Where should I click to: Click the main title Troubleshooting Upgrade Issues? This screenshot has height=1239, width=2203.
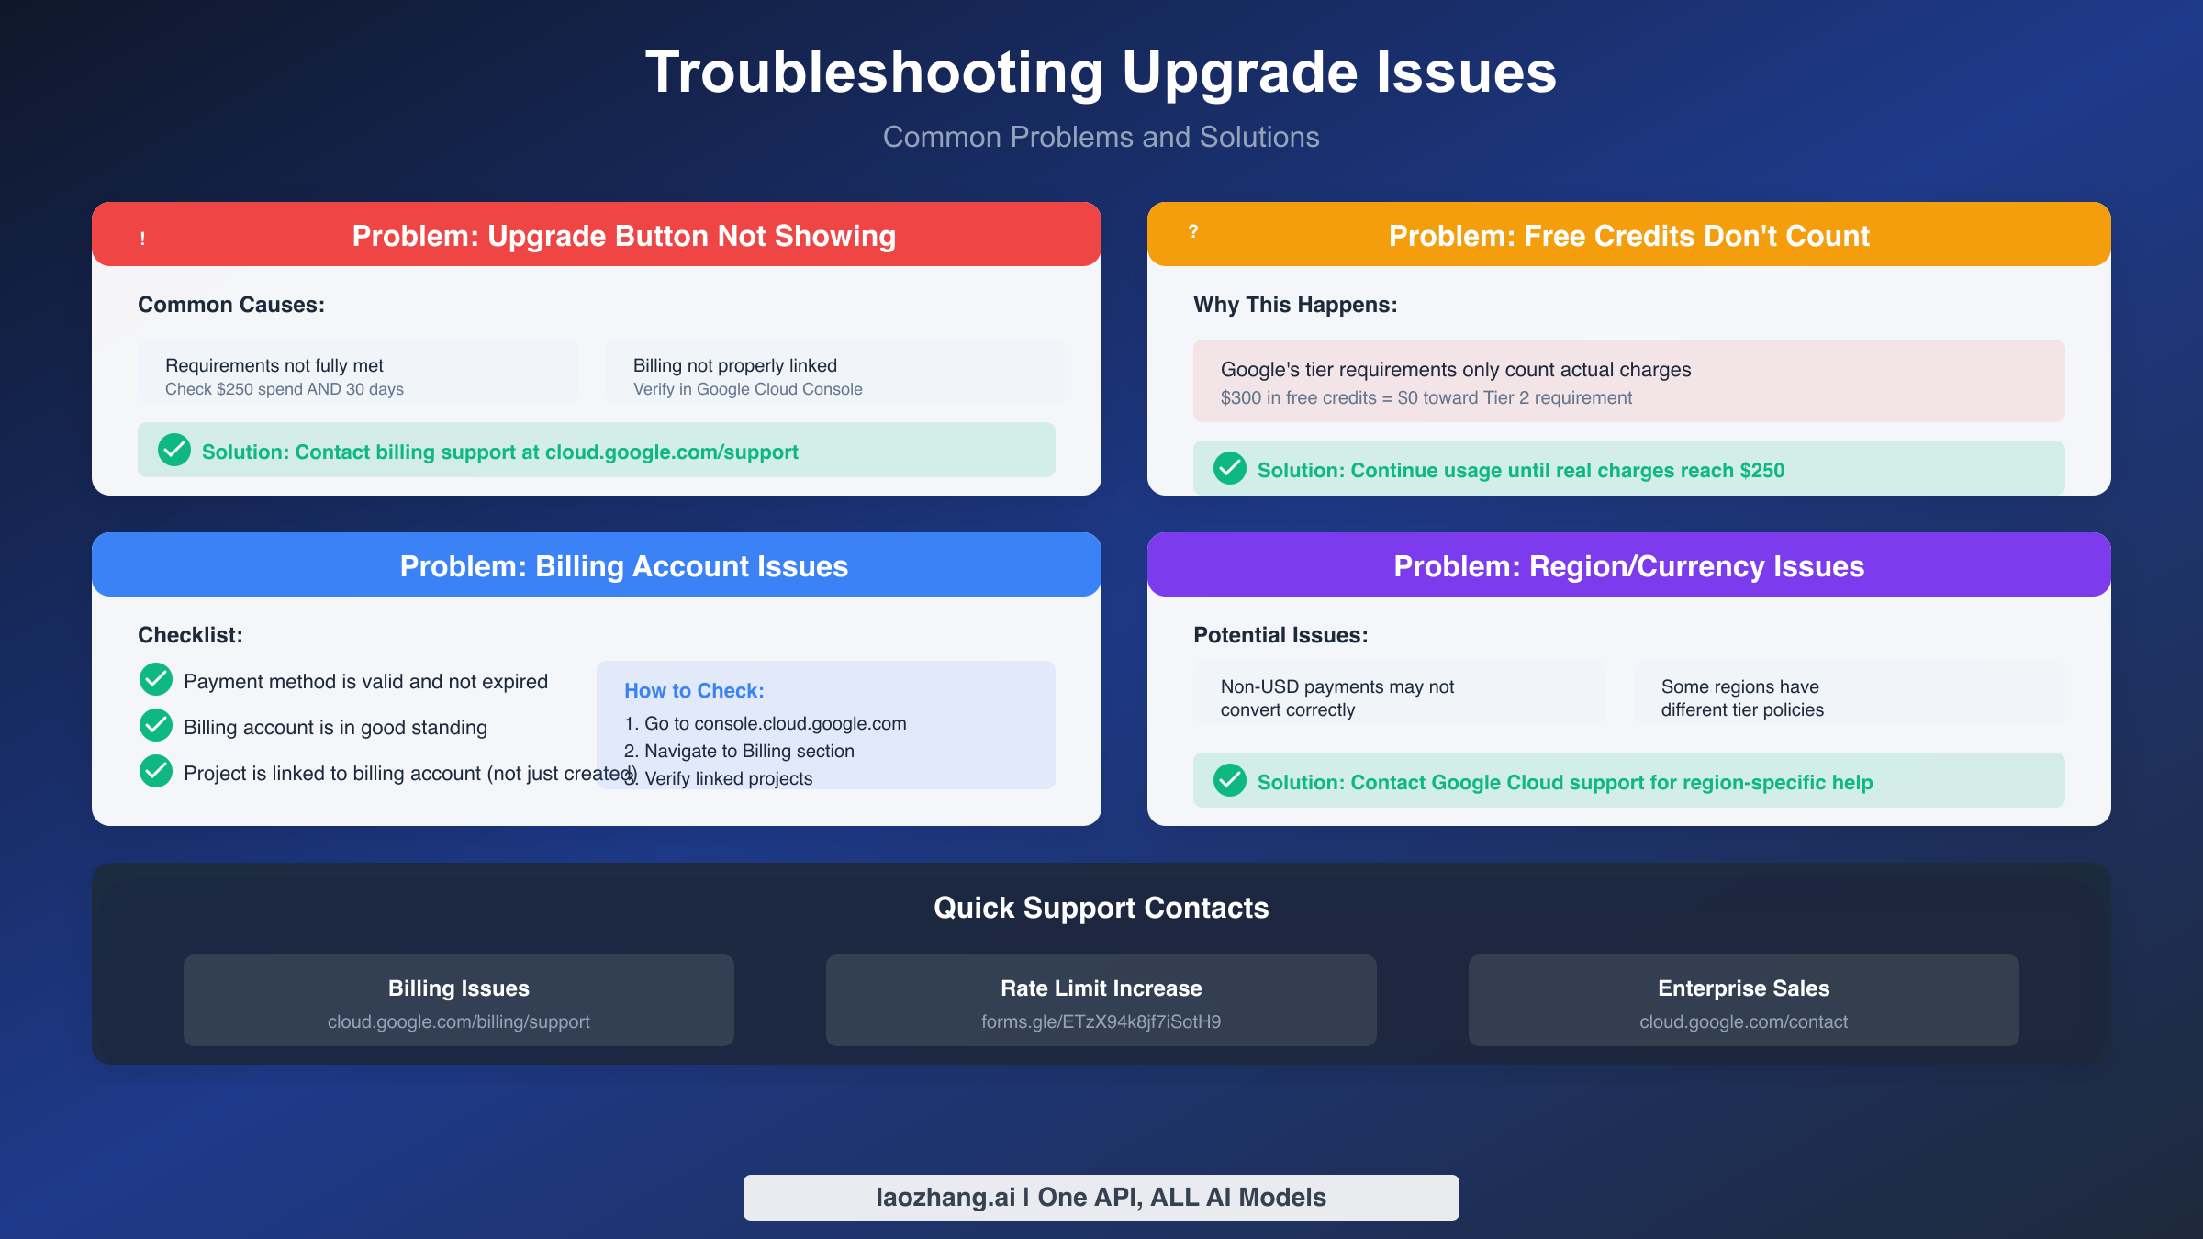(x=1101, y=72)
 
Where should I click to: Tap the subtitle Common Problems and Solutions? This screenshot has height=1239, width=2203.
(x=1101, y=137)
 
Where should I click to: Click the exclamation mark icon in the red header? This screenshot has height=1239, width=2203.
(x=142, y=239)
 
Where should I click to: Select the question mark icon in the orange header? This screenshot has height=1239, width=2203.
(x=1193, y=232)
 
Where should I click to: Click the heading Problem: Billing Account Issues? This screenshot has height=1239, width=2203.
(x=623, y=566)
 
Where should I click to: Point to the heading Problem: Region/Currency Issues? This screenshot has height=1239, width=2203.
(x=1628, y=566)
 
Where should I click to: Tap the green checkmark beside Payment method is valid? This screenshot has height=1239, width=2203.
(x=156, y=680)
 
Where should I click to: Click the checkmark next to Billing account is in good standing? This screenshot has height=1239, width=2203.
(x=156, y=726)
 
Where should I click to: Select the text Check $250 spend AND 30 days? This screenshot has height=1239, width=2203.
(x=285, y=389)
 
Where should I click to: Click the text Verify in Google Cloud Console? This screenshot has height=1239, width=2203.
(x=747, y=389)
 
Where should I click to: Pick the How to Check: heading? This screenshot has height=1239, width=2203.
(x=694, y=690)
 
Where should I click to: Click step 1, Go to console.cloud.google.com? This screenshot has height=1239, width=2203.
(x=766, y=723)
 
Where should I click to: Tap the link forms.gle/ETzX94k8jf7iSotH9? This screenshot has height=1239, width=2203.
(x=1101, y=1021)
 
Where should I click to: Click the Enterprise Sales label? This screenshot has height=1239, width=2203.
(x=1743, y=988)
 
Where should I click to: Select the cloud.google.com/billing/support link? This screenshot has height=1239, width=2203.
(x=458, y=1021)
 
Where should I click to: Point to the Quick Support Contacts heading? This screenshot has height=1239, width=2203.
(x=1101, y=908)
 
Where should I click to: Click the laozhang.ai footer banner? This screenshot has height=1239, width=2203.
(x=1101, y=1197)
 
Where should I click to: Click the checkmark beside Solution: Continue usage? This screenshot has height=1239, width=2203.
(x=1230, y=469)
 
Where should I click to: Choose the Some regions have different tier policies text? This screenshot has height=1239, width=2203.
(x=1741, y=698)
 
